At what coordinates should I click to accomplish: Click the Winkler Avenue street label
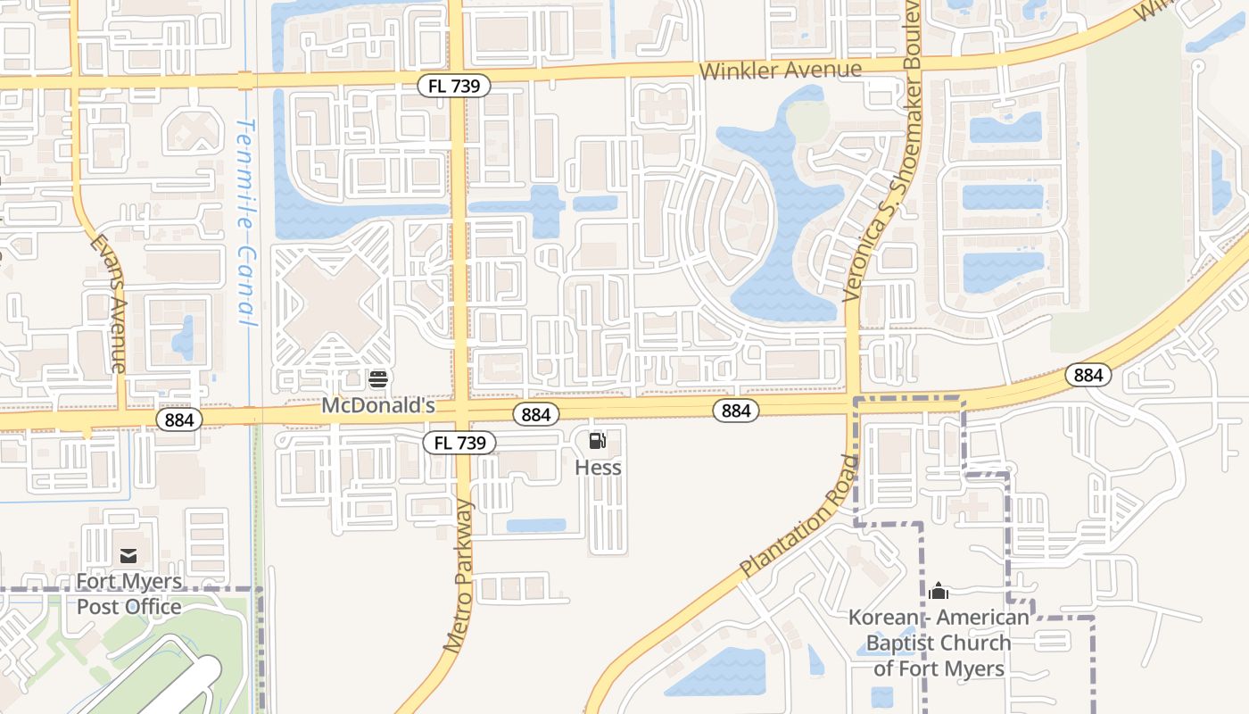click(x=781, y=70)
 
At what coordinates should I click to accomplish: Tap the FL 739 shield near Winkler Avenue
click(x=454, y=86)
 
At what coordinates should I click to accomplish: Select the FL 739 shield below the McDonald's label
click(x=459, y=443)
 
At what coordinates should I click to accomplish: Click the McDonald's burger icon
click(x=377, y=379)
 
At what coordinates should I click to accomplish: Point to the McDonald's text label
click(x=377, y=405)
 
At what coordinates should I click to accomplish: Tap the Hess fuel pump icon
click(x=598, y=440)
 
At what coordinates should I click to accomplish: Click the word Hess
click(x=598, y=468)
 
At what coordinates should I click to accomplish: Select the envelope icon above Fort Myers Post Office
click(x=128, y=556)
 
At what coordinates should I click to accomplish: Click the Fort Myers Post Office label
click(x=128, y=594)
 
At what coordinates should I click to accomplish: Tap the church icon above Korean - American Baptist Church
click(x=938, y=591)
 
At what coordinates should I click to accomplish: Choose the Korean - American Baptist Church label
click(x=939, y=643)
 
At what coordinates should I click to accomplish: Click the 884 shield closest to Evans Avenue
click(x=179, y=419)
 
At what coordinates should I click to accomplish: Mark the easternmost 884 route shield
click(x=1088, y=376)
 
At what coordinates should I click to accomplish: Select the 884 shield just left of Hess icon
click(x=535, y=414)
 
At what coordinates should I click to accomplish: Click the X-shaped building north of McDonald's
click(x=332, y=303)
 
